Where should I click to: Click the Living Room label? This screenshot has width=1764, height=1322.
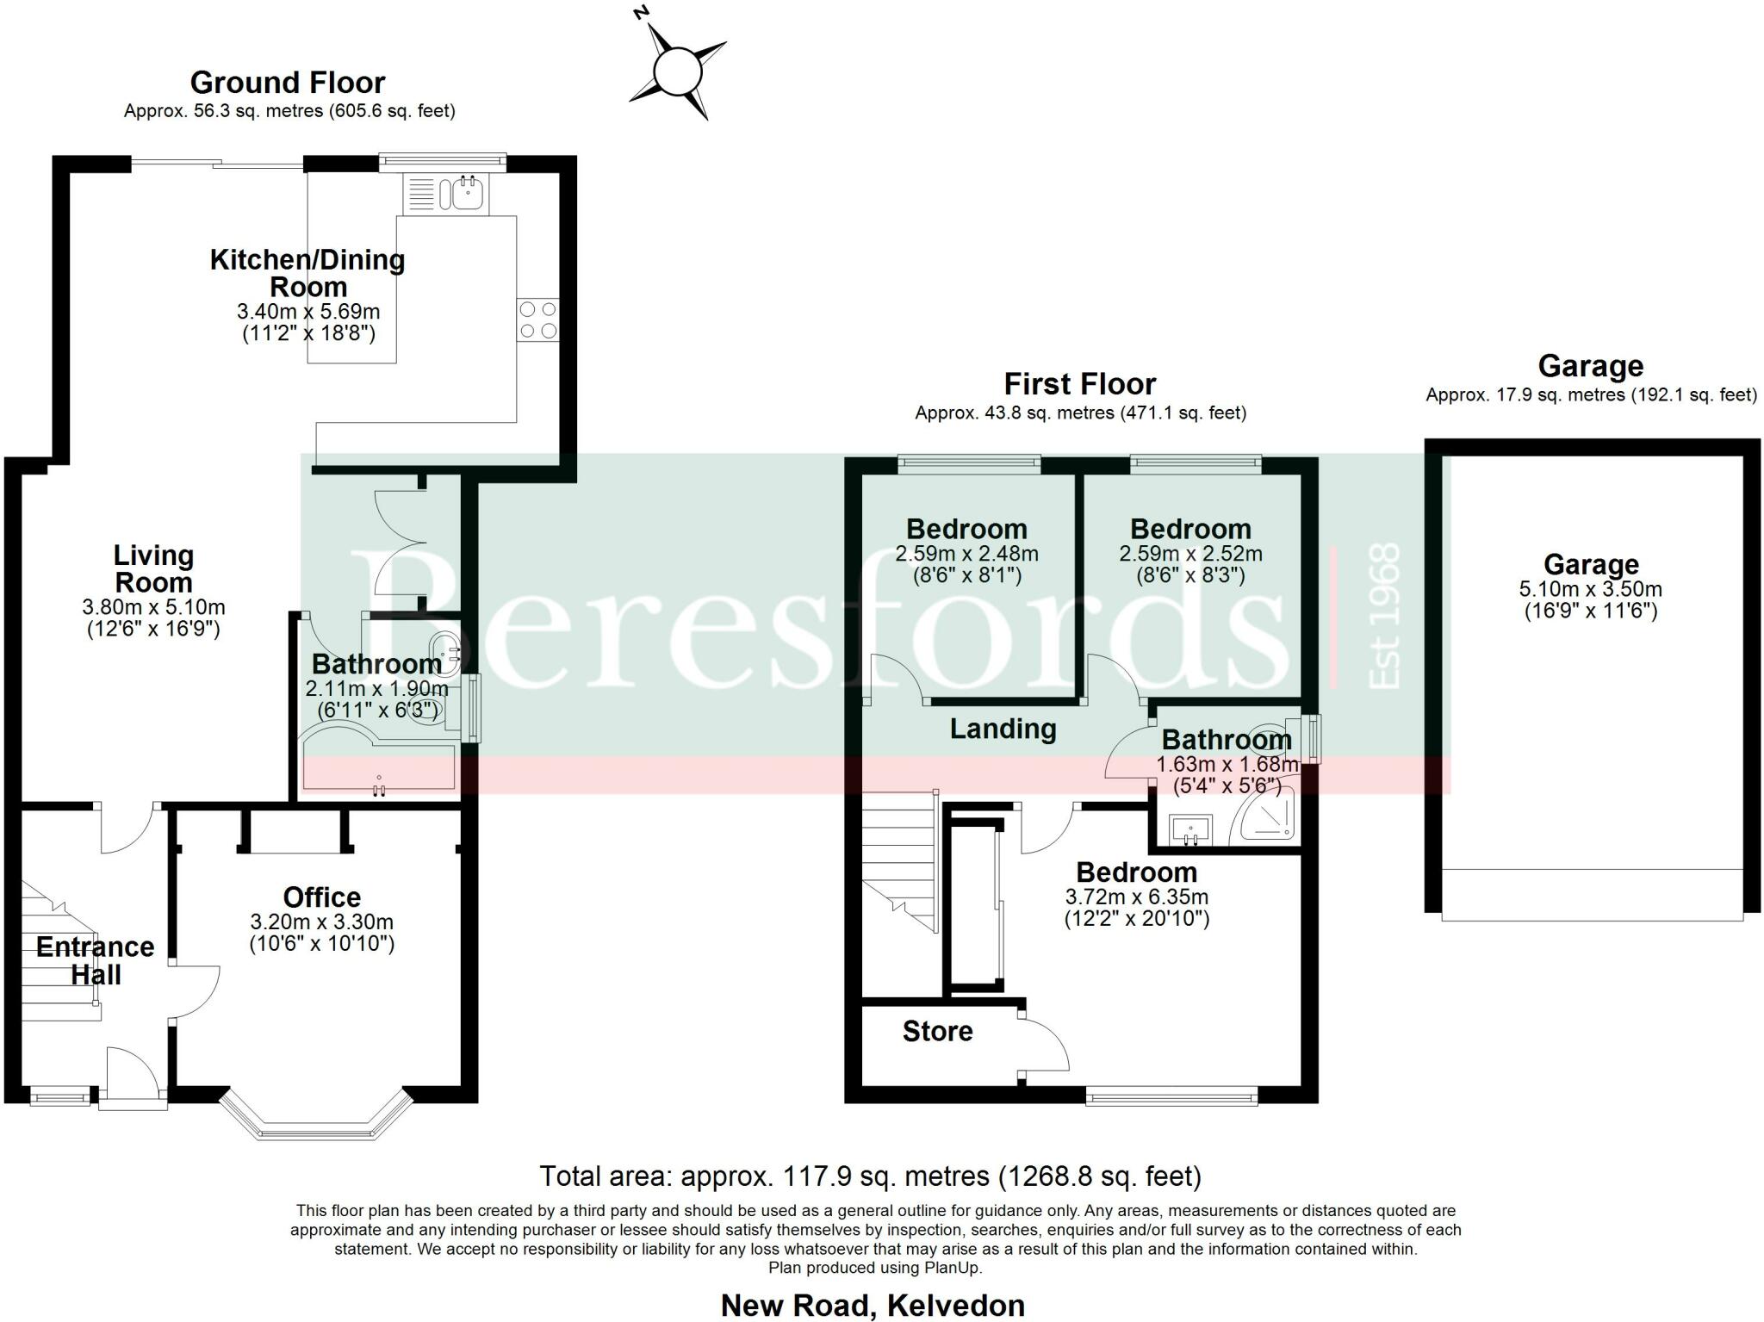(x=153, y=568)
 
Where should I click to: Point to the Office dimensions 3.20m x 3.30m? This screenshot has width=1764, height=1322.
(x=321, y=922)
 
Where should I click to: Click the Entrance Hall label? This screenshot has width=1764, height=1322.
(x=95, y=960)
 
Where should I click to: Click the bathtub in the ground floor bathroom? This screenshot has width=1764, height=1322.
(x=379, y=767)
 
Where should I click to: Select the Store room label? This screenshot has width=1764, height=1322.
(x=937, y=1031)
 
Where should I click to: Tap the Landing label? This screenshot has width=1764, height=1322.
(x=1003, y=729)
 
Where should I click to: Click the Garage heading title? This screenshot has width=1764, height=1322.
(x=1590, y=366)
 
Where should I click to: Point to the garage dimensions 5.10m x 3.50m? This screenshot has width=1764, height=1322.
(x=1590, y=590)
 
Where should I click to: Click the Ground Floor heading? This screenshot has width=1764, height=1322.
(x=287, y=83)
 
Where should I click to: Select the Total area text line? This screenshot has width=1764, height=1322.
(x=870, y=1176)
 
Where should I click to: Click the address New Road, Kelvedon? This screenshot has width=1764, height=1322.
(x=873, y=1306)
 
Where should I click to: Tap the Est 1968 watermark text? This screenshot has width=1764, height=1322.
(x=1385, y=616)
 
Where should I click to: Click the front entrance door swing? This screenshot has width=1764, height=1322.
(x=131, y=1072)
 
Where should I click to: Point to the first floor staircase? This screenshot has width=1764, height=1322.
(x=899, y=861)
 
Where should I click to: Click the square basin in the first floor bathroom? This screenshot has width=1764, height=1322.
(x=1191, y=830)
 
